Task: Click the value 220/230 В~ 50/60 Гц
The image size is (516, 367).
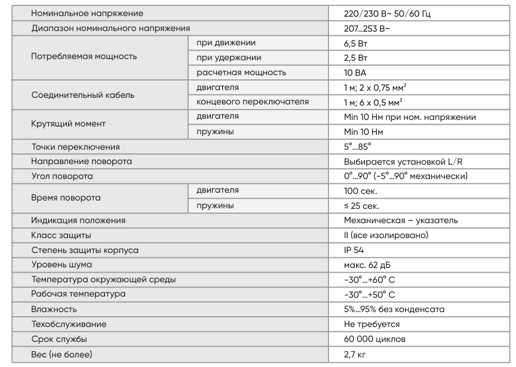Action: coord(379,13)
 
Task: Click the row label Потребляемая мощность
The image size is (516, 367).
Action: coord(84,57)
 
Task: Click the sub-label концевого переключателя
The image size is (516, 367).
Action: coord(253,101)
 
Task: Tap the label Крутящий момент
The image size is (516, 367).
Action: coord(68,124)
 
